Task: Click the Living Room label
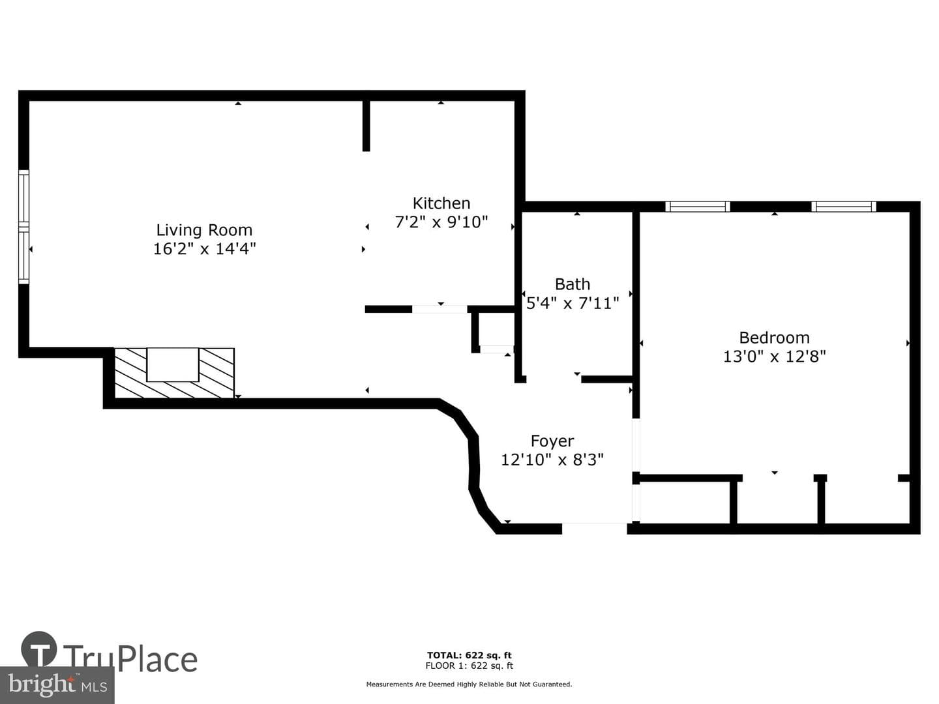[204, 230]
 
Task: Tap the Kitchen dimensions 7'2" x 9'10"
[441, 222]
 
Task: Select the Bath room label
[573, 284]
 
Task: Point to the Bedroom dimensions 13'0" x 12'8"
[774, 356]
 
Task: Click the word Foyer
[552, 441]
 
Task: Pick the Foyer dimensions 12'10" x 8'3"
[552, 460]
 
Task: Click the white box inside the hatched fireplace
[173, 364]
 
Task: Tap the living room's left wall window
[23, 227]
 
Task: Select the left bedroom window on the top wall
[698, 207]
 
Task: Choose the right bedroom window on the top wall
[844, 207]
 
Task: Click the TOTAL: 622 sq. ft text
[469, 655]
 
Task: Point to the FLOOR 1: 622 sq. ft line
[469, 666]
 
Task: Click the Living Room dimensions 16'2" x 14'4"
[205, 248]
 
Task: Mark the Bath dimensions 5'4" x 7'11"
[573, 303]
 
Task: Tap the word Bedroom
[774, 338]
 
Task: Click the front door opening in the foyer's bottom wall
[594, 528]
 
